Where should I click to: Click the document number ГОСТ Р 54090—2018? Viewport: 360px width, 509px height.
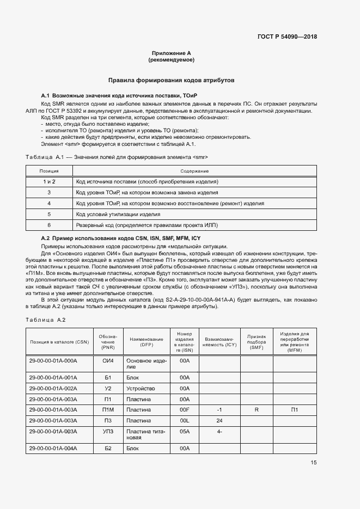(x=286, y=37)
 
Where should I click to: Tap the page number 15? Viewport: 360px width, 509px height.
(x=314, y=463)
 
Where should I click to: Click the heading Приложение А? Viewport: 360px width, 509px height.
(x=172, y=53)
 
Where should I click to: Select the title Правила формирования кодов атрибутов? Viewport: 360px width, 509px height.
(x=172, y=79)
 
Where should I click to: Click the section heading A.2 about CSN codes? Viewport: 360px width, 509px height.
(x=121, y=239)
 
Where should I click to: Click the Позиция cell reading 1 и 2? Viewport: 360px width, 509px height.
(x=49, y=181)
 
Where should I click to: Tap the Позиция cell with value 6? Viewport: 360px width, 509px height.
(x=49, y=224)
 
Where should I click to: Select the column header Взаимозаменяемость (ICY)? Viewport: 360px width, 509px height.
(x=219, y=341)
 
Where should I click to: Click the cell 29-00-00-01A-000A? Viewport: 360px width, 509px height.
(x=53, y=360)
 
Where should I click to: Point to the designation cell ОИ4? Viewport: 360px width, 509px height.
(x=107, y=360)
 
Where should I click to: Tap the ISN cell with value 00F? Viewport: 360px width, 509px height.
(x=184, y=409)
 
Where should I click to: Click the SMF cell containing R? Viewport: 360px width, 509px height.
(x=256, y=409)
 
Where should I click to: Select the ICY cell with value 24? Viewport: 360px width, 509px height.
(x=219, y=420)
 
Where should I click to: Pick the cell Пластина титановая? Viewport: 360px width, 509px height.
(x=141, y=434)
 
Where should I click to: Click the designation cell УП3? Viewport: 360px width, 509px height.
(x=107, y=431)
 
